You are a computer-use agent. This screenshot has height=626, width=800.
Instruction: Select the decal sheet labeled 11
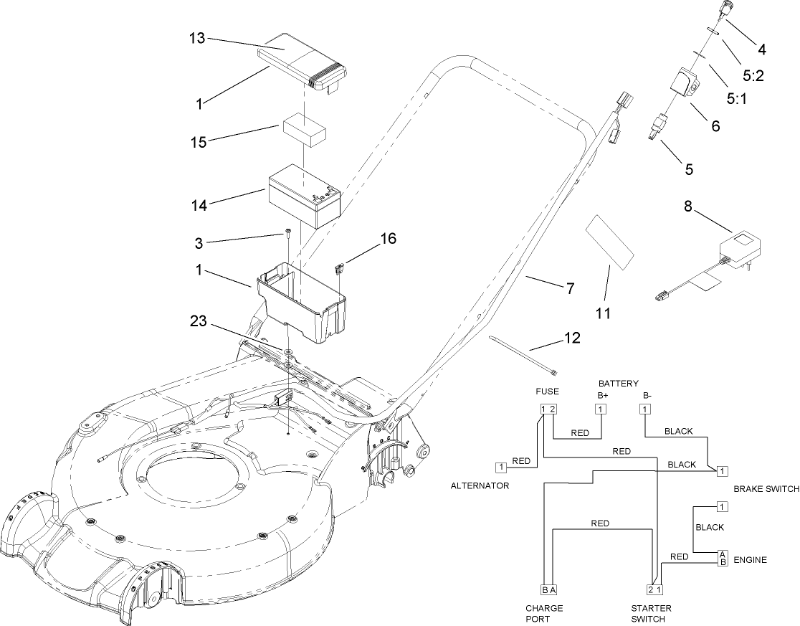coord(610,240)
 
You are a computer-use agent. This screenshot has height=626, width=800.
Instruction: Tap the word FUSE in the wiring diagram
coord(548,392)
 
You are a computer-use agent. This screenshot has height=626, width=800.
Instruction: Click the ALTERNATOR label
coord(480,485)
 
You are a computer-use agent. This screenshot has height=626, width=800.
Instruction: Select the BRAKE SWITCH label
coord(766,489)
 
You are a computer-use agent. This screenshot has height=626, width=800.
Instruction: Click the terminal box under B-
coord(645,409)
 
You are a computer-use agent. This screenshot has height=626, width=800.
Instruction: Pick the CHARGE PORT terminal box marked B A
coord(548,589)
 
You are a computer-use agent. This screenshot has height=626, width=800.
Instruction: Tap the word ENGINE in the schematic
coord(751,560)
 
